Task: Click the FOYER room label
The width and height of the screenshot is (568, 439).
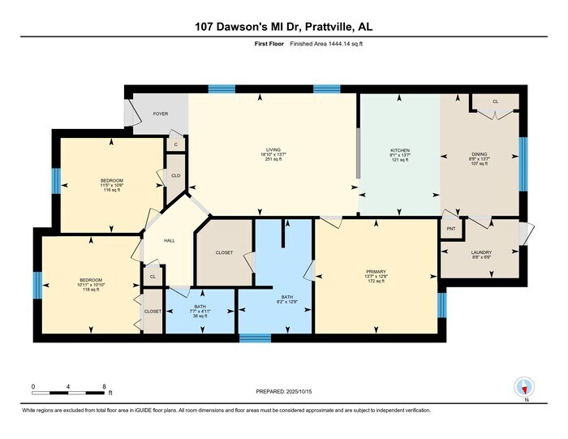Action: point(161,114)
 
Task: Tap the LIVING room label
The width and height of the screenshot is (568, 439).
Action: point(273,150)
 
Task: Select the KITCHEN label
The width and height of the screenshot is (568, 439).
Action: point(399,150)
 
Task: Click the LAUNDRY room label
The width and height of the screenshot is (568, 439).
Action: point(481,252)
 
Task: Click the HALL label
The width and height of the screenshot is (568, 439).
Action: point(170,240)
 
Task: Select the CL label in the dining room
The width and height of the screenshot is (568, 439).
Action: point(495,101)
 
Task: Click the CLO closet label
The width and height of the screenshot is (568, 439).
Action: point(175,175)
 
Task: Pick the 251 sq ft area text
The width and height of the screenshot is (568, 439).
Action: point(273,161)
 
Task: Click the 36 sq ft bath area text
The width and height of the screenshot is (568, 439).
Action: point(200,316)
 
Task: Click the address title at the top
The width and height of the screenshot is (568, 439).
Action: point(283,27)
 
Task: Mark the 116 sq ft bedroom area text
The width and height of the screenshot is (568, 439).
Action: point(111,189)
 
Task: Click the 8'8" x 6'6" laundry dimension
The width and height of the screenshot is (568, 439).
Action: point(481,258)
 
